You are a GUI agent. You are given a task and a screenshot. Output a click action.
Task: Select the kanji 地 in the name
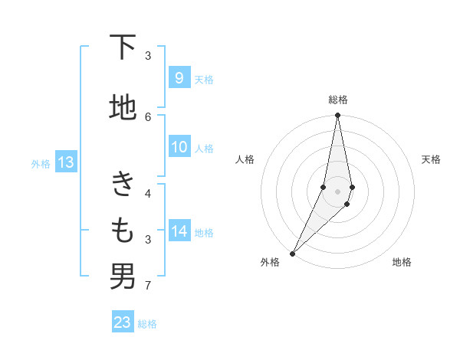coord(123,107)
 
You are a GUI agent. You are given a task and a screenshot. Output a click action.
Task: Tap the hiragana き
coord(123,184)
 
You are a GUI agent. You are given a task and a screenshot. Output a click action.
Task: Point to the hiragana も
coord(123,230)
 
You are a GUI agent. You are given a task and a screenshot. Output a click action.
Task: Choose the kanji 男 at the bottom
coord(123,277)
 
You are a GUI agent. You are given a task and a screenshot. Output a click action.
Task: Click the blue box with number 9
coord(179,78)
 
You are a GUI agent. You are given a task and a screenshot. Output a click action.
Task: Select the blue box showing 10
coord(179,147)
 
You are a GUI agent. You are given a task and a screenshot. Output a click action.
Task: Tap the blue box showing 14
coord(179,231)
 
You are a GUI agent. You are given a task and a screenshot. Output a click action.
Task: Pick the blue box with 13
coord(65,162)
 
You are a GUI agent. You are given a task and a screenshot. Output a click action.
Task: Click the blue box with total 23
coord(123,322)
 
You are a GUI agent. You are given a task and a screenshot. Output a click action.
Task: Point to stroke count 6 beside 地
coord(148,116)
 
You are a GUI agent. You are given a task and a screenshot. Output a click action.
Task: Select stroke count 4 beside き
coord(148,193)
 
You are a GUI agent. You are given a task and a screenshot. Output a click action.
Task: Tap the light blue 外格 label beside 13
coord(41,163)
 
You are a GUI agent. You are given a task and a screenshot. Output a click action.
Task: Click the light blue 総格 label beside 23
coord(147,324)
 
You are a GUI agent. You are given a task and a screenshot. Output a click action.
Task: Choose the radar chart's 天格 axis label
coord(432,159)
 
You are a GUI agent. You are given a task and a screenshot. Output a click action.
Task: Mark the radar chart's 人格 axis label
coord(245,159)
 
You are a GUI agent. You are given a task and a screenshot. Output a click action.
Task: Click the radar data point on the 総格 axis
coord(337,115)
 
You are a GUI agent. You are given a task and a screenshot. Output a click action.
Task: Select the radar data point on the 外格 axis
coord(292,253)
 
